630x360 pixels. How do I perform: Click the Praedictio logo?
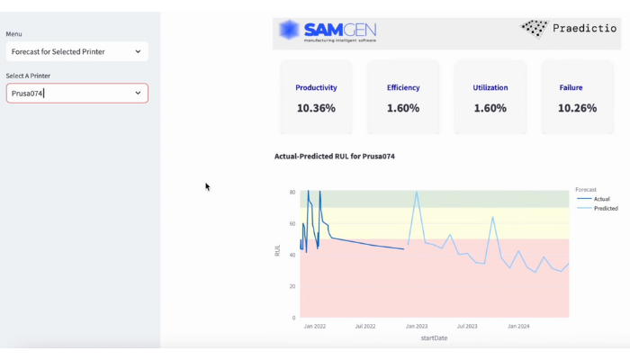pyautogui.click(x=569, y=29)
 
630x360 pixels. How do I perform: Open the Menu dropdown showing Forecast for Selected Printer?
pyautogui.click(x=77, y=51)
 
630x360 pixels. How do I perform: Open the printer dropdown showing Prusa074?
pyautogui.click(x=77, y=93)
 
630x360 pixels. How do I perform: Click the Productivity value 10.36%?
pyautogui.click(x=316, y=108)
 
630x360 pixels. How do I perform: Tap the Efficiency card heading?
pyautogui.click(x=403, y=87)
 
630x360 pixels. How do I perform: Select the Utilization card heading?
pyautogui.click(x=490, y=87)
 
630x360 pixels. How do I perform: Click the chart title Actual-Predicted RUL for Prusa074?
pyautogui.click(x=335, y=157)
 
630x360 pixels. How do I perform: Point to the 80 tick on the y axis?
pyautogui.click(x=292, y=193)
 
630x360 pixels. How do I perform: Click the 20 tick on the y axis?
pyautogui.click(x=292, y=286)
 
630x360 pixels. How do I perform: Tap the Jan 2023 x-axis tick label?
pyautogui.click(x=416, y=327)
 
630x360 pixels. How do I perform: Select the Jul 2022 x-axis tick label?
pyautogui.click(x=365, y=327)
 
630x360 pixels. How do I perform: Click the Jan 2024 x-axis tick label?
pyautogui.click(x=517, y=327)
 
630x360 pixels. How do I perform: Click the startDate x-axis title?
pyautogui.click(x=434, y=338)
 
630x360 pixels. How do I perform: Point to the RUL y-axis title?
pyautogui.click(x=278, y=250)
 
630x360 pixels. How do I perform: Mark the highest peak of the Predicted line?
pyautogui.click(x=417, y=193)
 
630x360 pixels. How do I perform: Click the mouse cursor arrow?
pyautogui.click(x=207, y=186)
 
